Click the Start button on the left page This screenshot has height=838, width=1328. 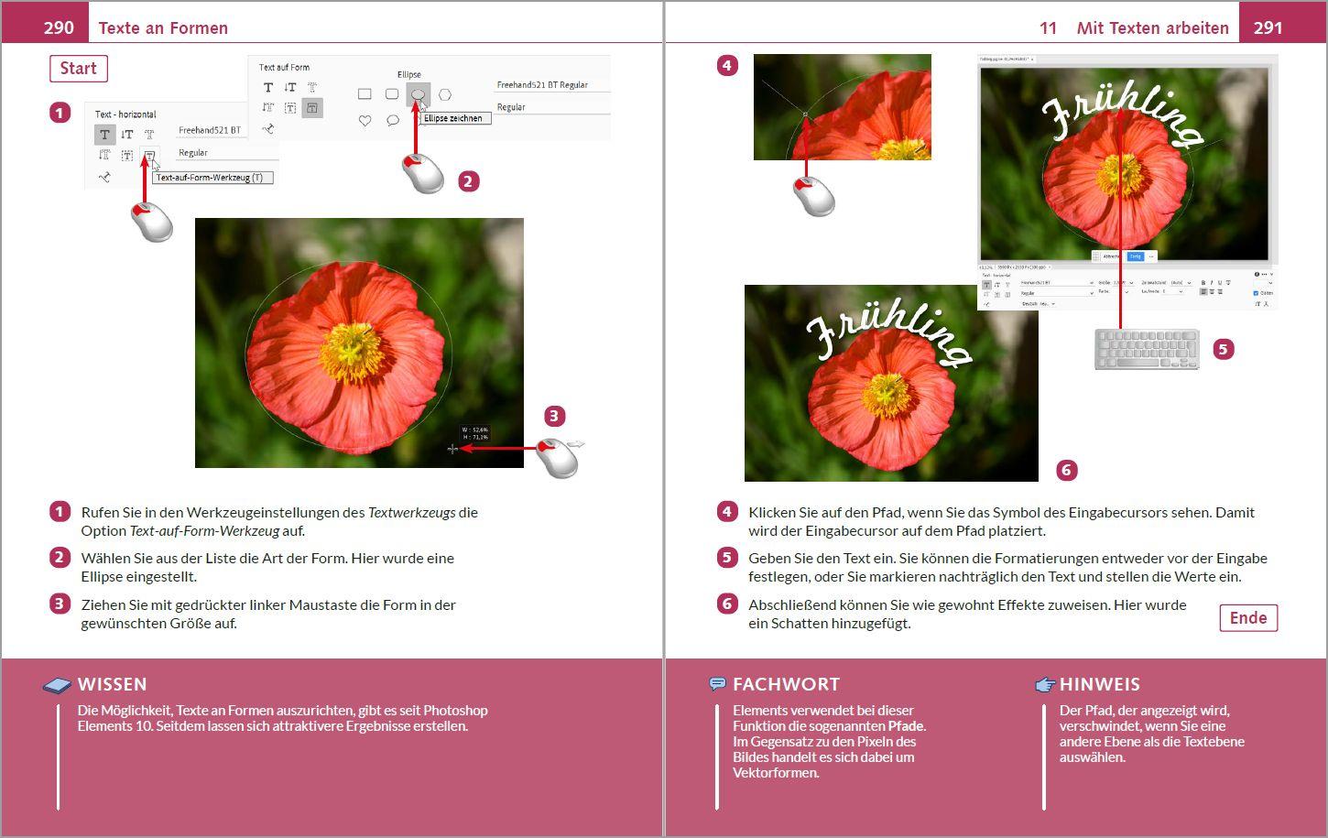79,69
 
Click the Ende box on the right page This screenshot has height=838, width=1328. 1247,618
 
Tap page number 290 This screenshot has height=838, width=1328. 59,27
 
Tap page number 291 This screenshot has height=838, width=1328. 1268,27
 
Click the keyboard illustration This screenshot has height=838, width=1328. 1147,349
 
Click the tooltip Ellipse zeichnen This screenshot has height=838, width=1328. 453,118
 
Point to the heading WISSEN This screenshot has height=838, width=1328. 112,684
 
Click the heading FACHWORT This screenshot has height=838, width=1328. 786,684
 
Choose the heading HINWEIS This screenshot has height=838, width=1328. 1099,684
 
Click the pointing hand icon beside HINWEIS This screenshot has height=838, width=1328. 1045,684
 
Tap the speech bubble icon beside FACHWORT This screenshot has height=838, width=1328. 718,684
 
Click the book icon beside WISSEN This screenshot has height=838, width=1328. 57,685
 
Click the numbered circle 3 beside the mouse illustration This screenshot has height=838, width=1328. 554,417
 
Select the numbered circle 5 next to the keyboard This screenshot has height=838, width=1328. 1223,349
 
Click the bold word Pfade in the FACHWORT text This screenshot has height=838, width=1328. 906,726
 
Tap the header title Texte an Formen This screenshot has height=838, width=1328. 163,28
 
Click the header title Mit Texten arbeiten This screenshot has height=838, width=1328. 1152,28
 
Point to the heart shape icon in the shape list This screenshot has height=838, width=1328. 365,120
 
